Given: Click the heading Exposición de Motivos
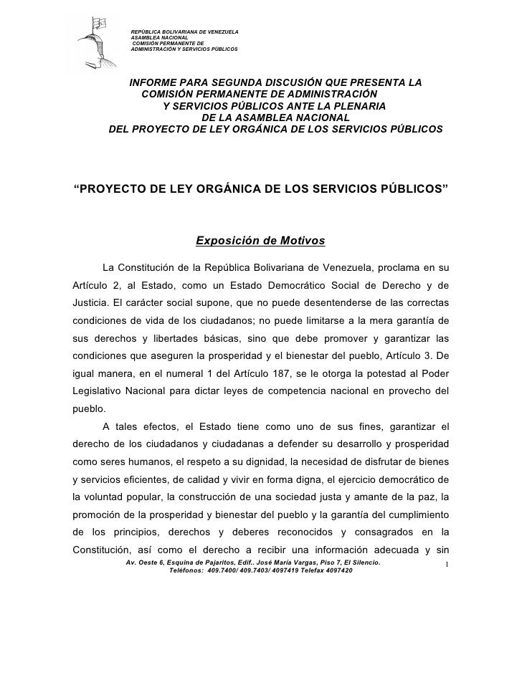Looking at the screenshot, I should point(261,239).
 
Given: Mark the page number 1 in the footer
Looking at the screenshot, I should point(446,567).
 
